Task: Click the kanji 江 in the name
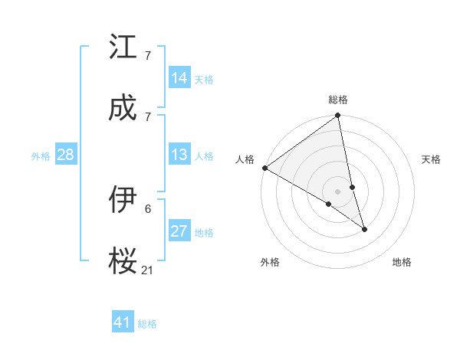[x=123, y=48]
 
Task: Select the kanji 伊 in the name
[x=123, y=201]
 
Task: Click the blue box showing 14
[x=179, y=78]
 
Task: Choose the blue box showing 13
[x=179, y=155]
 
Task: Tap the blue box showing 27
[x=179, y=232]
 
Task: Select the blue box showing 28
[x=66, y=155]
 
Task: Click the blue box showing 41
[x=123, y=323]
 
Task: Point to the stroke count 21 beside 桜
[x=148, y=270]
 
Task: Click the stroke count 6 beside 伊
[x=148, y=208]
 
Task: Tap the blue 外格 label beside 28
[x=41, y=156]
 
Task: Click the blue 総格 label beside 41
[x=147, y=324]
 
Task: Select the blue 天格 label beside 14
[x=204, y=79]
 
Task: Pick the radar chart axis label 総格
[x=338, y=100]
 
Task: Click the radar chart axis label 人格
[x=245, y=159]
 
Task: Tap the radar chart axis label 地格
[x=402, y=262]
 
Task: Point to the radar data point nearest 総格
[x=338, y=116]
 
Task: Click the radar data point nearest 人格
[x=264, y=168]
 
